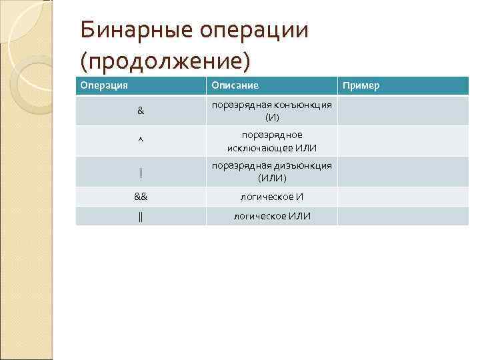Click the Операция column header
[104, 86]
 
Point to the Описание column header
[235, 86]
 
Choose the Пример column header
[361, 86]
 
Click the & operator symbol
[141, 111]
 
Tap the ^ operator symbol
[141, 141]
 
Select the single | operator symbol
[141, 172]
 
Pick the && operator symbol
[141, 197]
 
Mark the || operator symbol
[141, 216]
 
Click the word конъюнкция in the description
[299, 105]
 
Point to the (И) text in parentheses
[272, 117]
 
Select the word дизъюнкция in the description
[299, 165]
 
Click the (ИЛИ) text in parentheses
[272, 178]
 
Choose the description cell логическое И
[271, 197]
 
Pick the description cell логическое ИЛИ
[271, 216]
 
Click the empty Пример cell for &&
[403, 197]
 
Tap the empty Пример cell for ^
[403, 141]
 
